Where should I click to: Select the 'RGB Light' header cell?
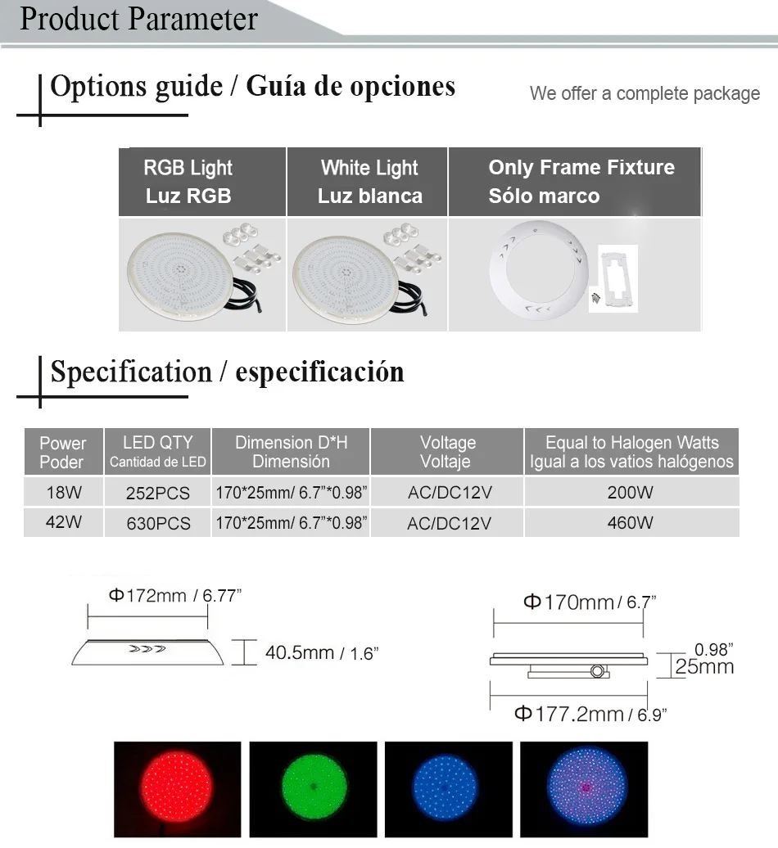click(202, 182)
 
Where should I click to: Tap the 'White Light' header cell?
click(368, 182)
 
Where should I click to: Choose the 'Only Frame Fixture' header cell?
click(575, 182)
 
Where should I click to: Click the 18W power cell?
click(63, 492)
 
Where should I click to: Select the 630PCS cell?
click(158, 523)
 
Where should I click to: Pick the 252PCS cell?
click(158, 493)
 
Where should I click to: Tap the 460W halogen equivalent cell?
click(631, 522)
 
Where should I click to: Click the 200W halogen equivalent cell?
click(631, 492)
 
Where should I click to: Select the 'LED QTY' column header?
click(157, 452)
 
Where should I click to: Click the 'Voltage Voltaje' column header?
click(447, 452)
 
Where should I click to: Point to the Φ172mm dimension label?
click(174, 595)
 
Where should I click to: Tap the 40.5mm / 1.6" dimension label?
click(321, 653)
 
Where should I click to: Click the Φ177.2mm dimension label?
click(590, 715)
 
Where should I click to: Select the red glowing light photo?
click(178, 788)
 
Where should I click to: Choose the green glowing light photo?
click(314, 788)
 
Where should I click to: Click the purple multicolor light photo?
click(584, 788)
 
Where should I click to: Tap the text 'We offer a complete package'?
click(645, 93)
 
